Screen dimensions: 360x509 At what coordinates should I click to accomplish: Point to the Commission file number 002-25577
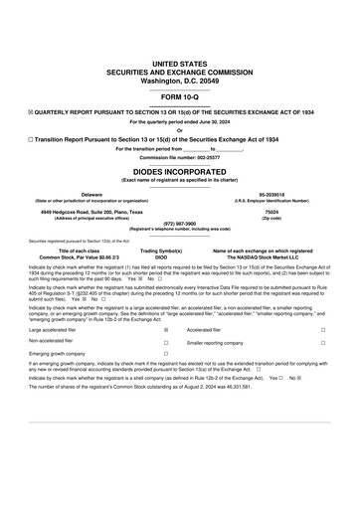click(179, 158)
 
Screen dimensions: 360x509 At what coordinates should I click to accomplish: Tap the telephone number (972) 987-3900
click(179, 224)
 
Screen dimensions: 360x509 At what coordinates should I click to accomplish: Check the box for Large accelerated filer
click(166, 329)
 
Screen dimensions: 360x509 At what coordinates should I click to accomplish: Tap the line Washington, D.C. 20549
click(179, 78)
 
